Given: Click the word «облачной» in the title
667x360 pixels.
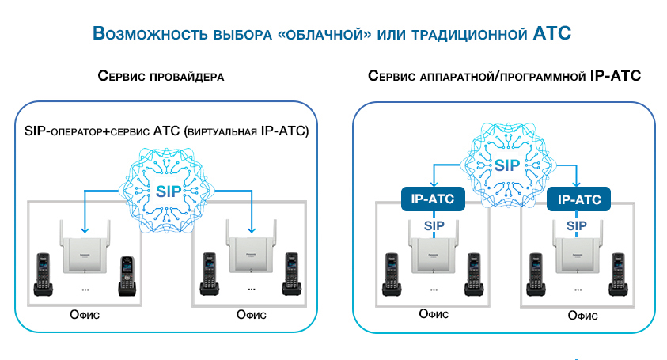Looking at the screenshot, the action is (x=324, y=34).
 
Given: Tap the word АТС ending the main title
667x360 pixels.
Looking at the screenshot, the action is (x=551, y=33).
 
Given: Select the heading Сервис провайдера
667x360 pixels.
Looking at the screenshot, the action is (x=161, y=76).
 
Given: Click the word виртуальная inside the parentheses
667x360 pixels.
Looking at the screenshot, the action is (x=222, y=131).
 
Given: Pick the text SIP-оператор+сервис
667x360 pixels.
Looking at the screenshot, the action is (x=87, y=131).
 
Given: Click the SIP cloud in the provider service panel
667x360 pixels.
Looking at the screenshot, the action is (x=167, y=191).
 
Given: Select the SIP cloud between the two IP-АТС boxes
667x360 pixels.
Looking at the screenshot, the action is (x=507, y=165).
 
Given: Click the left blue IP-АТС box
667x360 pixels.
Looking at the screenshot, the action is (x=433, y=199).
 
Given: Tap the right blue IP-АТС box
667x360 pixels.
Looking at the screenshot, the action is (x=578, y=199).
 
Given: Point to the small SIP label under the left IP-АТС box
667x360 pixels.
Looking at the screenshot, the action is (x=434, y=225).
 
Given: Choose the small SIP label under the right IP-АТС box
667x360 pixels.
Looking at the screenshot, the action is (x=576, y=225).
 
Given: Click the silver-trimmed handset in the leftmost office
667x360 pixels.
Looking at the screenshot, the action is (x=127, y=276).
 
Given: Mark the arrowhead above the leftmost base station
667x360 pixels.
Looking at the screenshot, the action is (x=85, y=229).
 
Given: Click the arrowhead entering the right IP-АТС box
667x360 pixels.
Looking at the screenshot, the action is (x=576, y=184).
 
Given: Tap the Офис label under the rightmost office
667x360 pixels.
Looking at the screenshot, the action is (x=583, y=316).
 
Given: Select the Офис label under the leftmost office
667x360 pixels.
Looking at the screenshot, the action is (x=85, y=315).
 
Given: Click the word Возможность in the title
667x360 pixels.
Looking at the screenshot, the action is (x=150, y=33).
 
